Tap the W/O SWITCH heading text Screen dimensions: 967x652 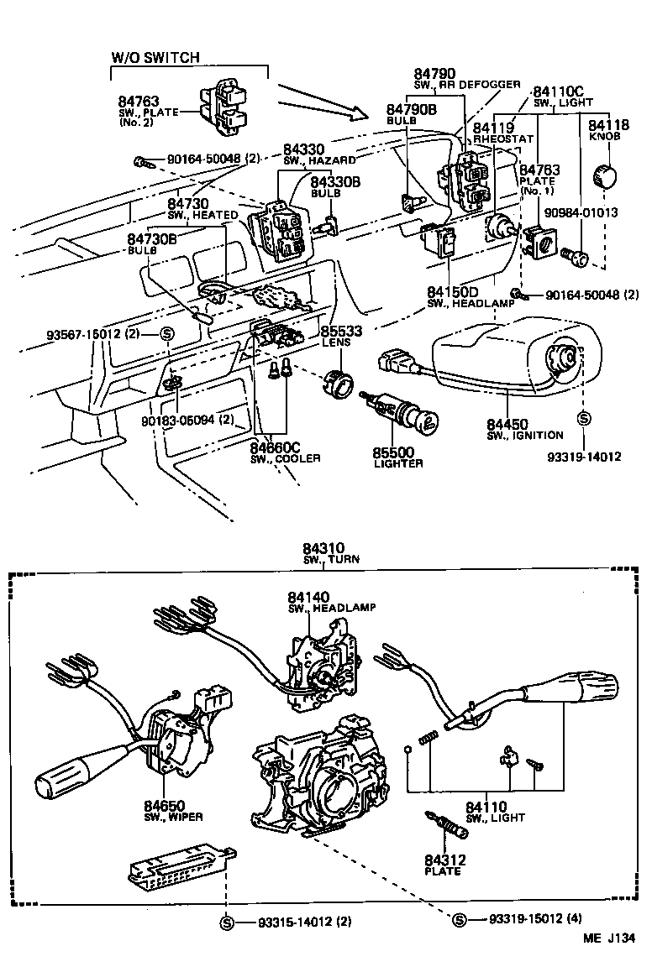pos(155,57)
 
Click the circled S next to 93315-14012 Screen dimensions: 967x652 pos(226,922)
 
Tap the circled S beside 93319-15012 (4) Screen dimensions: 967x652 pos(460,920)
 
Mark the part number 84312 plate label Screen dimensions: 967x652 pos(445,860)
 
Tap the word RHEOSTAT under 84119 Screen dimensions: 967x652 pos(503,139)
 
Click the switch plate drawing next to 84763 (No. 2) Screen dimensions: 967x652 pos(223,110)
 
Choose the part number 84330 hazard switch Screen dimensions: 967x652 pos(304,149)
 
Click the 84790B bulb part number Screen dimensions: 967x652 pos(412,109)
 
